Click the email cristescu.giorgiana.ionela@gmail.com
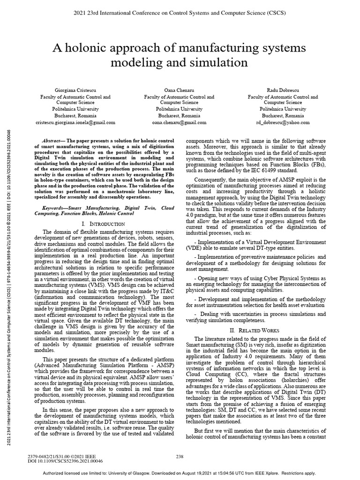tap(75, 122)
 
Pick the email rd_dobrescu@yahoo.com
tap(283, 122)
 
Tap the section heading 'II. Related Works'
tap(253, 330)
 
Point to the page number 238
tap(179, 456)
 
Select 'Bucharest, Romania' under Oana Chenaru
tap(179, 115)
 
